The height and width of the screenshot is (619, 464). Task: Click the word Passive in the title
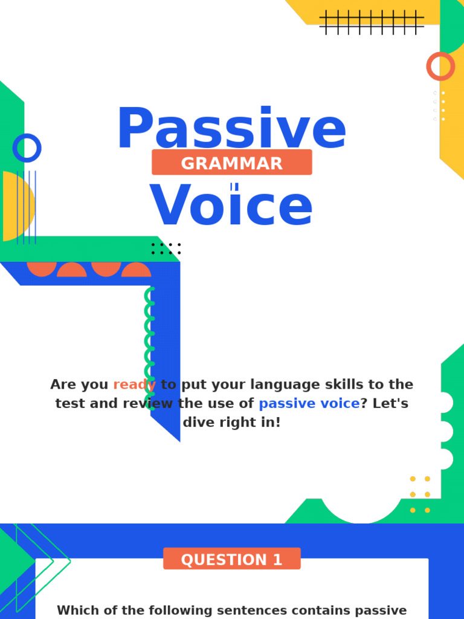231,129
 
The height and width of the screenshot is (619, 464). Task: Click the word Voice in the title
231,207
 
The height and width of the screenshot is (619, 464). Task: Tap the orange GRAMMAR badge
231,163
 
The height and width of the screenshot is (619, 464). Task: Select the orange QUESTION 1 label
231,559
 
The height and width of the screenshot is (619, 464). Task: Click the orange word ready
134,385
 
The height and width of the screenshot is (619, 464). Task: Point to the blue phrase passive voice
309,404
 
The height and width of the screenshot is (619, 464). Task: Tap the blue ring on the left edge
27,148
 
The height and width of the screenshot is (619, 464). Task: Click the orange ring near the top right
440,66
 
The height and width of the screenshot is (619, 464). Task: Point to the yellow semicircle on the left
17,206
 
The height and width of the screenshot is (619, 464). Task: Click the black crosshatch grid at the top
371,22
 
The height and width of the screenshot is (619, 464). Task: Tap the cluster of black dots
166,248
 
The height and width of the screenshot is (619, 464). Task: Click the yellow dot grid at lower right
420,494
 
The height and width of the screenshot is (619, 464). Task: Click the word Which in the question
77,611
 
